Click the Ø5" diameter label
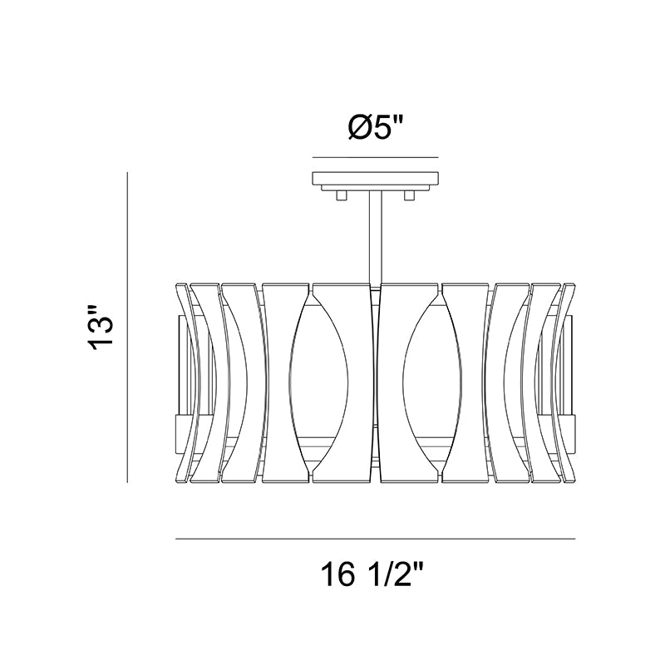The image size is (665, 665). pos(375,127)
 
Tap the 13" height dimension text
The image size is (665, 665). pos(101,327)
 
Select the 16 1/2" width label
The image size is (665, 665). pos(372,574)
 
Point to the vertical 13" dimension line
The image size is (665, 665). pos(127,327)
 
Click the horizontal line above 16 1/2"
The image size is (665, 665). pos(376,539)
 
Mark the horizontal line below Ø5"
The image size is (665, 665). pos(376,157)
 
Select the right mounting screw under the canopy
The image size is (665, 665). pos(409,195)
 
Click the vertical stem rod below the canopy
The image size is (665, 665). pos(376,238)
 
